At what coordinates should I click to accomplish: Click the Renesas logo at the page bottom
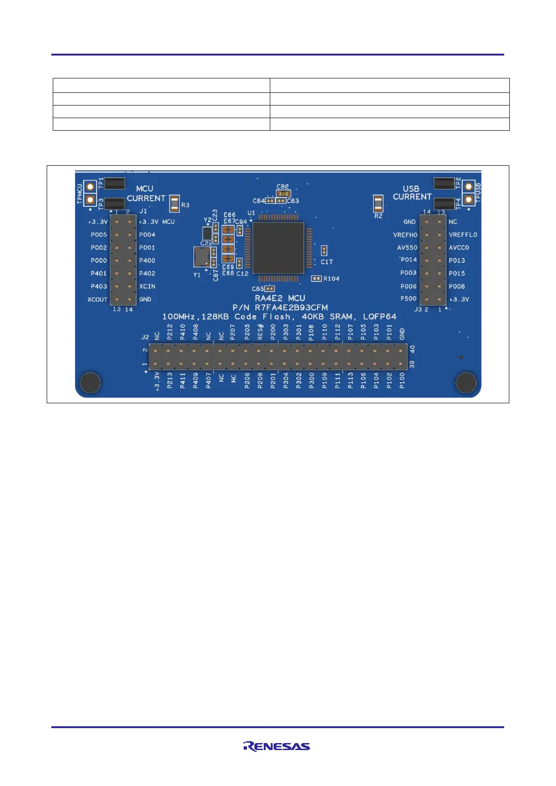(276, 746)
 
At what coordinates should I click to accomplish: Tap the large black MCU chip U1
(278, 248)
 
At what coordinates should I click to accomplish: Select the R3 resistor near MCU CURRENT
(175, 204)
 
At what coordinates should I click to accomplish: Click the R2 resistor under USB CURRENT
(378, 204)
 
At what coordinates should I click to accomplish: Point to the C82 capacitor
(283, 193)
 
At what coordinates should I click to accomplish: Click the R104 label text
(331, 279)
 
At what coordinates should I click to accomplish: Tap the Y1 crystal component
(201, 256)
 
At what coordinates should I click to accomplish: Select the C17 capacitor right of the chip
(324, 251)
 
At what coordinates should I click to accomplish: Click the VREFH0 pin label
(405, 235)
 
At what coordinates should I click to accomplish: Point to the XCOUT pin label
(97, 299)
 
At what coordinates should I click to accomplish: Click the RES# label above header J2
(260, 333)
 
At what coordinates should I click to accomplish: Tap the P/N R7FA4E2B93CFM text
(280, 308)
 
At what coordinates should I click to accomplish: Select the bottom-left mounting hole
(90, 383)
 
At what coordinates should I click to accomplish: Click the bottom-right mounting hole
(465, 383)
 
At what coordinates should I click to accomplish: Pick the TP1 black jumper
(114, 183)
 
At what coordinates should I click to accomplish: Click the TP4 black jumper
(444, 204)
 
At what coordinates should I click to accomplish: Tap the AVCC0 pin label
(459, 248)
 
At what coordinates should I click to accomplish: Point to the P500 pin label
(408, 299)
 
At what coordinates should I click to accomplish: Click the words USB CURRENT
(412, 193)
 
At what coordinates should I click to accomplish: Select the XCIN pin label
(148, 287)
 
